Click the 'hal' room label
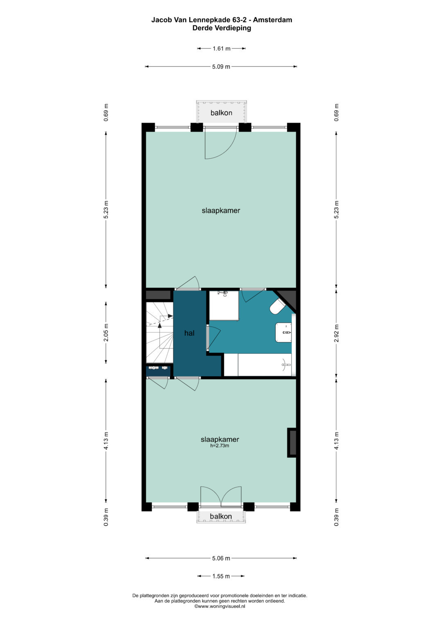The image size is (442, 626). (189, 333)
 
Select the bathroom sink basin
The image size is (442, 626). (284, 332)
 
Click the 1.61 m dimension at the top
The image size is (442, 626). (221, 48)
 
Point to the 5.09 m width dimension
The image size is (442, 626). (221, 66)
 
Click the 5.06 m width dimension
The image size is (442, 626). (221, 558)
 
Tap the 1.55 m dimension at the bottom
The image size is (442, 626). (221, 576)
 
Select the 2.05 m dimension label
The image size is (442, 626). (106, 332)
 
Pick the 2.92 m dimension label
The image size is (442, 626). (336, 333)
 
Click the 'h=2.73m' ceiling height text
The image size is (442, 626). (220, 446)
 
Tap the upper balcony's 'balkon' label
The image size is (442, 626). (221, 113)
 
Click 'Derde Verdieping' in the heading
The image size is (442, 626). (221, 28)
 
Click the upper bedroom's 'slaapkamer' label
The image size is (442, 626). (221, 210)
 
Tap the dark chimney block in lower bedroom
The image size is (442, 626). (292, 442)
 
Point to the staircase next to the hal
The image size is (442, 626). (159, 332)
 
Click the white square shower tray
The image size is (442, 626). (224, 305)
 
